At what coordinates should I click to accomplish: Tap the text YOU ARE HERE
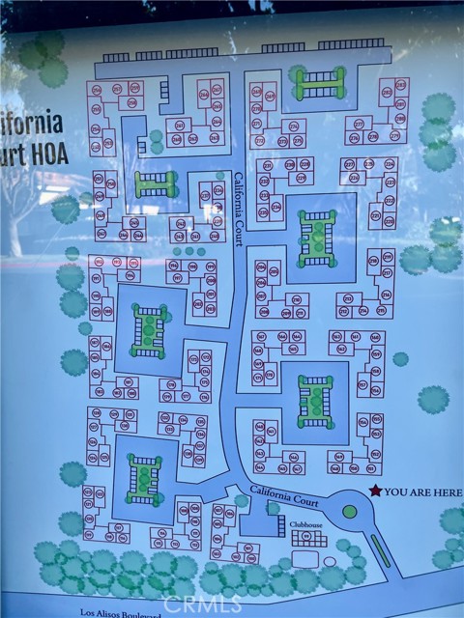[422, 492]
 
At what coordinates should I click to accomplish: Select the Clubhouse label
[307, 527]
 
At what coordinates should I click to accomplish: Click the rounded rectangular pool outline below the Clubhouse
[307, 559]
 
